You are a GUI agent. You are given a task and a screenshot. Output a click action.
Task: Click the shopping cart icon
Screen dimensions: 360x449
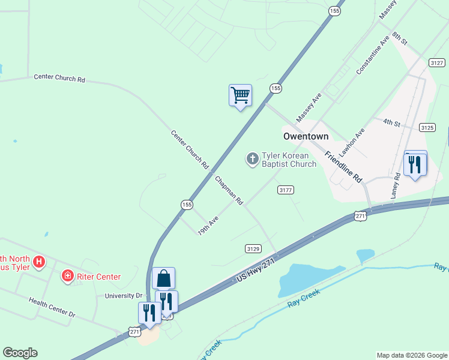click(x=240, y=95)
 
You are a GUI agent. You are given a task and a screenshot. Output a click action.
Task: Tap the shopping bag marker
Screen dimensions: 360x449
click(x=163, y=278)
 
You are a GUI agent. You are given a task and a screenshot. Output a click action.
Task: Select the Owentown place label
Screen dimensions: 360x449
click(x=306, y=136)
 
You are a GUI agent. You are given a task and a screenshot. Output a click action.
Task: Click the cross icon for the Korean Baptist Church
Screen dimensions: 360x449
click(x=253, y=159)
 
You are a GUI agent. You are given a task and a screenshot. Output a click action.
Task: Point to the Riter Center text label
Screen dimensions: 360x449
click(x=100, y=277)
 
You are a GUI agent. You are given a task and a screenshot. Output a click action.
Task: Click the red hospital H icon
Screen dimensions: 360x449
click(x=39, y=262)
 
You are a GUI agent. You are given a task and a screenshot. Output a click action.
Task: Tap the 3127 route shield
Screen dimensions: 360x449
click(x=436, y=63)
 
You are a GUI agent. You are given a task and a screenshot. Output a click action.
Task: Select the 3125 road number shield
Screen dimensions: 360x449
click(x=427, y=128)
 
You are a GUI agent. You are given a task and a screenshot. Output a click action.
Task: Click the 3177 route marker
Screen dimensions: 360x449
click(x=286, y=190)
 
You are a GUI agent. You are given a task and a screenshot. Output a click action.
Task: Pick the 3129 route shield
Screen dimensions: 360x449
click(x=253, y=248)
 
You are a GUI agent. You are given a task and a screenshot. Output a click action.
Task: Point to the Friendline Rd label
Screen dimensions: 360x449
click(x=344, y=167)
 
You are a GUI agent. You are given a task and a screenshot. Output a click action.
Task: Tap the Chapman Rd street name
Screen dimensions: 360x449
click(x=229, y=191)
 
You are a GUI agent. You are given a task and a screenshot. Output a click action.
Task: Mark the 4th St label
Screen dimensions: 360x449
click(x=392, y=122)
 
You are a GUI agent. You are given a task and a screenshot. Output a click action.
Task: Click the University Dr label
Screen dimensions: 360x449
click(x=123, y=296)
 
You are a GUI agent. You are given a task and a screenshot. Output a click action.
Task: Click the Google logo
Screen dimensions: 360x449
click(x=20, y=353)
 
